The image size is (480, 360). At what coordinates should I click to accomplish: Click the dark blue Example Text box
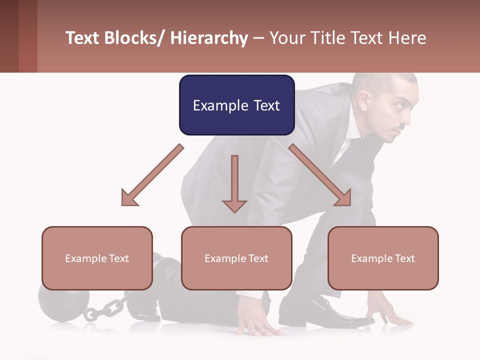(x=236, y=105)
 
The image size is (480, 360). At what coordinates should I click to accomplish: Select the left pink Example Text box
(x=97, y=258)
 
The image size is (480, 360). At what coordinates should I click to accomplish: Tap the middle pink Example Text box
(x=236, y=258)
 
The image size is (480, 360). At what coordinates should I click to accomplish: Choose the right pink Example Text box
(x=383, y=258)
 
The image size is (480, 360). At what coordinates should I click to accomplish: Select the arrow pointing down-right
(x=320, y=175)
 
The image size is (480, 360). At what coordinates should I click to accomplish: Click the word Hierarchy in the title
(x=209, y=38)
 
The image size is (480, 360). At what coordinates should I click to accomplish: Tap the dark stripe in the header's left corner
(x=27, y=36)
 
